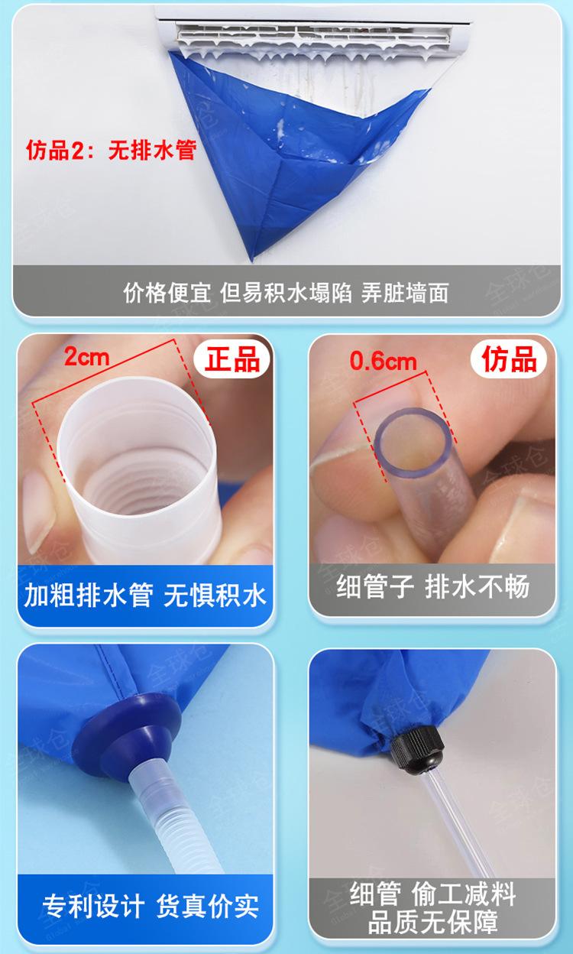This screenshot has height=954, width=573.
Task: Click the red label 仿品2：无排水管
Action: [111, 150]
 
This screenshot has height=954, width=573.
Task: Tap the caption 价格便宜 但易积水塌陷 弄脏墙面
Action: [286, 293]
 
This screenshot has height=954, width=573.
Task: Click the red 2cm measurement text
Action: [87, 356]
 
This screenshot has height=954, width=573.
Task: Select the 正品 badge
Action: [232, 359]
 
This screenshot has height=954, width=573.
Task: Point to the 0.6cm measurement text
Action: [383, 361]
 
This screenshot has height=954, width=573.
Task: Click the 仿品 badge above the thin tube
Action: [509, 359]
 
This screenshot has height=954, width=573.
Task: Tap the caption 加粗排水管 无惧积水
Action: [145, 595]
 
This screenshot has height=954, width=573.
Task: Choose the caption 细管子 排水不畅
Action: [432, 586]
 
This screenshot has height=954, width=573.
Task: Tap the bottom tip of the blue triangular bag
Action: [252, 258]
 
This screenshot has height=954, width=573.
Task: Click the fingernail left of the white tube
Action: [38, 511]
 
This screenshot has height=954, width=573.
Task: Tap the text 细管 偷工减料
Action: [432, 894]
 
